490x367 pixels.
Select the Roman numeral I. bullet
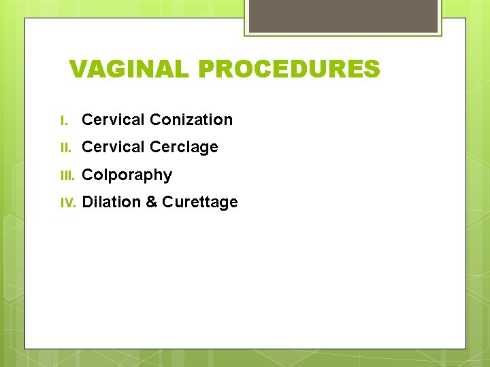tap(64, 120)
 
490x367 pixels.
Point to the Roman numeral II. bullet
tap(65, 147)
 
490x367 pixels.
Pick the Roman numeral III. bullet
tap(67, 175)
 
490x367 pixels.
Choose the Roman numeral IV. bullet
tap(68, 203)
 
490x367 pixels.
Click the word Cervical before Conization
tap(113, 120)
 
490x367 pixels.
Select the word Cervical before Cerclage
tap(113, 147)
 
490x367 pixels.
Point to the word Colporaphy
tap(127, 175)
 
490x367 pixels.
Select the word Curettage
tap(200, 203)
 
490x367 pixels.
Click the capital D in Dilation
tap(87, 203)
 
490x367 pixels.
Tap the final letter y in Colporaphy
tap(167, 177)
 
